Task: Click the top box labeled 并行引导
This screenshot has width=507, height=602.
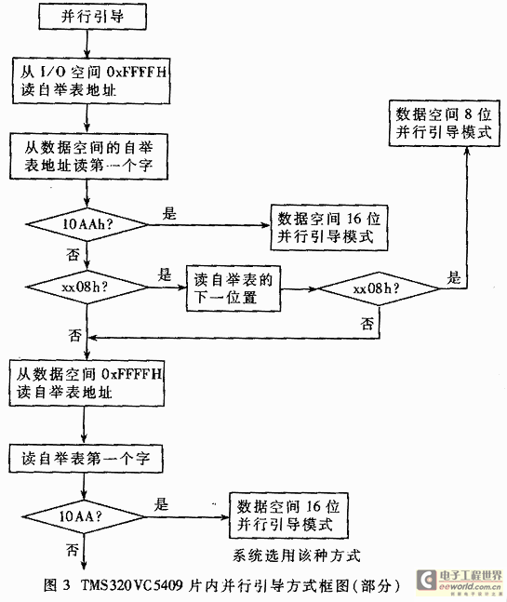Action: pos(92,17)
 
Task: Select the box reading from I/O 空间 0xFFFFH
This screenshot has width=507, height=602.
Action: pos(91,81)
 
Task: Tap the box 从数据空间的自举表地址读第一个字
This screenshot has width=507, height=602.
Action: pos(88,156)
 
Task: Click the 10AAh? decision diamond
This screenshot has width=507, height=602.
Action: pos(87,224)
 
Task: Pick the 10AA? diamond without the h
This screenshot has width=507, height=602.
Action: pos(84,516)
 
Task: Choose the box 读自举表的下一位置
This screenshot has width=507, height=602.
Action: pos(233,288)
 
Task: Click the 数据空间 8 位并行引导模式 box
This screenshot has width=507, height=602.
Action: pos(445,123)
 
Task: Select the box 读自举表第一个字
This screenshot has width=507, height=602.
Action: pos(86,459)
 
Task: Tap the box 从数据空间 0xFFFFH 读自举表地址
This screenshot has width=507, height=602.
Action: pos(87,383)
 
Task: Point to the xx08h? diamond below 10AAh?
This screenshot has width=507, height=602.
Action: pos(87,288)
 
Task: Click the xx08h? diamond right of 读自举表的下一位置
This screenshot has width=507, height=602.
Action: pos(379,288)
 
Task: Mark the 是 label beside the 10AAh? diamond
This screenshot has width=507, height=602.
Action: pos(169,213)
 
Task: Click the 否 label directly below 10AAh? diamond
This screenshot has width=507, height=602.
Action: pos(73,254)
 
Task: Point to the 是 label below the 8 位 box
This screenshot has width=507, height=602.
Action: pos(454,277)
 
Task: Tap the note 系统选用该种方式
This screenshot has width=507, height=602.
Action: pos(297,555)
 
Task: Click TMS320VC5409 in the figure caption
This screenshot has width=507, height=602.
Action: pos(132,584)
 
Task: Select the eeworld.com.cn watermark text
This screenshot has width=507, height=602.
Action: pos(470,586)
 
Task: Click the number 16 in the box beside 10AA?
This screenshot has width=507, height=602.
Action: pos(314,506)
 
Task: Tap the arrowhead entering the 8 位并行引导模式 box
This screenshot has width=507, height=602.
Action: pos(467,151)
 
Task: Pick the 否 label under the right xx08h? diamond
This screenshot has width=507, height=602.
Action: pos(367,324)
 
